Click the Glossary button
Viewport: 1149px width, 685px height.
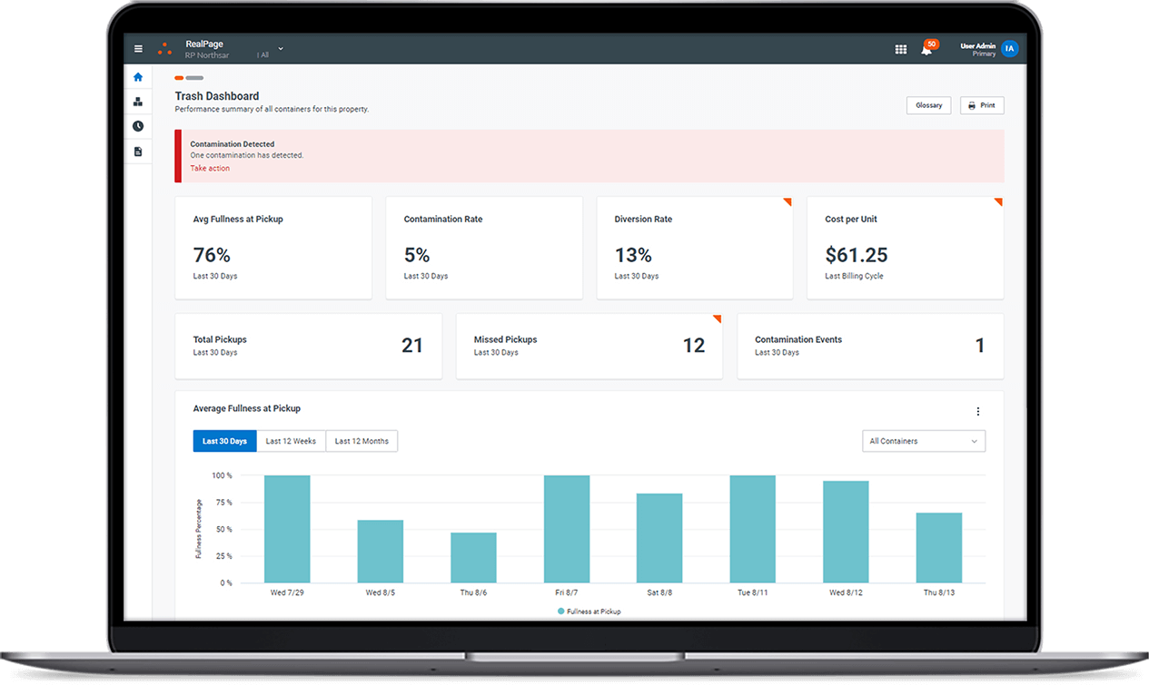[928, 105]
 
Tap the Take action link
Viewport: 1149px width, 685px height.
[210, 169]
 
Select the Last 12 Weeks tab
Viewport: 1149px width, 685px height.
[291, 441]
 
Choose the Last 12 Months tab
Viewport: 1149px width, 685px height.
[362, 441]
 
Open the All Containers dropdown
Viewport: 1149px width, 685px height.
[923, 441]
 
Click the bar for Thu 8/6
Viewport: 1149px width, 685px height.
[473, 557]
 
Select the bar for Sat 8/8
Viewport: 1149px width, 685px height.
[659, 537]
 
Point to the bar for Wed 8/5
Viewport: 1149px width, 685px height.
[381, 551]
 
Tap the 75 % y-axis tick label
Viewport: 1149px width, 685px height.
[223, 503]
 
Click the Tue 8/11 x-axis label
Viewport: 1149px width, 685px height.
[753, 592]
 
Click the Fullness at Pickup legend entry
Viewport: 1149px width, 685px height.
[589, 612]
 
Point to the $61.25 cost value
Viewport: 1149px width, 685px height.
[856, 255]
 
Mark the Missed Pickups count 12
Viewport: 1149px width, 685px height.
[694, 346]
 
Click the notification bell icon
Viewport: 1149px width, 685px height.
[926, 49]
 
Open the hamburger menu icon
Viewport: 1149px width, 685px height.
[138, 49]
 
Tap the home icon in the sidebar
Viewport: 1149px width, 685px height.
[138, 77]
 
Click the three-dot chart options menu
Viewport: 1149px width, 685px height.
[978, 411]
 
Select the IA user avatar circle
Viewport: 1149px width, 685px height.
[1009, 49]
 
